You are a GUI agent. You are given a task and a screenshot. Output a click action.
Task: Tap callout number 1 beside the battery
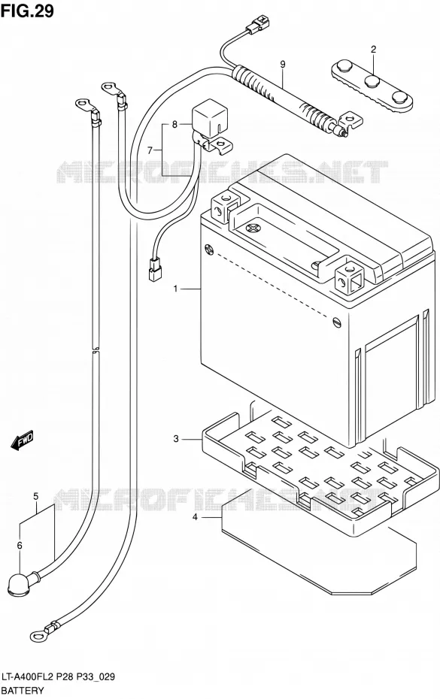tap(175, 289)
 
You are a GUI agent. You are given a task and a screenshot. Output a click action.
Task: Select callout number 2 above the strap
tap(373, 49)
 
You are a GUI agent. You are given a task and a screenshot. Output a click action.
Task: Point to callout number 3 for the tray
tap(176, 439)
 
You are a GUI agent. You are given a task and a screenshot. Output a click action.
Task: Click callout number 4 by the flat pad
tap(195, 517)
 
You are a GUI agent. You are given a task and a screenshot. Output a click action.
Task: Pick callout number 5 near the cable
tap(35, 496)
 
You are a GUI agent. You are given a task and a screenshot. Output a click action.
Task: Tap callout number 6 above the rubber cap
tap(20, 545)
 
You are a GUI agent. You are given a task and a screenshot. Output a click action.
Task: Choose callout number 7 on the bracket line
tap(150, 150)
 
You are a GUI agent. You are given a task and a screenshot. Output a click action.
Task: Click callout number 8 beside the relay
tap(174, 124)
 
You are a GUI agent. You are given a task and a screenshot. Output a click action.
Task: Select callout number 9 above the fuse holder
tap(283, 64)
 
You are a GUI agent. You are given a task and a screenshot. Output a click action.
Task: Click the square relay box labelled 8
tap(207, 119)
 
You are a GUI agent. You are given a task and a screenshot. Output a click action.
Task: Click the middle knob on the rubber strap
tap(372, 82)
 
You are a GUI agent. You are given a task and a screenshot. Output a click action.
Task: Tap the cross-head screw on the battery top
tap(253, 228)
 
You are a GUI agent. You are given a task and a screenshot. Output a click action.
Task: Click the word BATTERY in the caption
tap(23, 691)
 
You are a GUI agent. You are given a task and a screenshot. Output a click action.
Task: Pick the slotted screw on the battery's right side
tap(337, 322)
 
